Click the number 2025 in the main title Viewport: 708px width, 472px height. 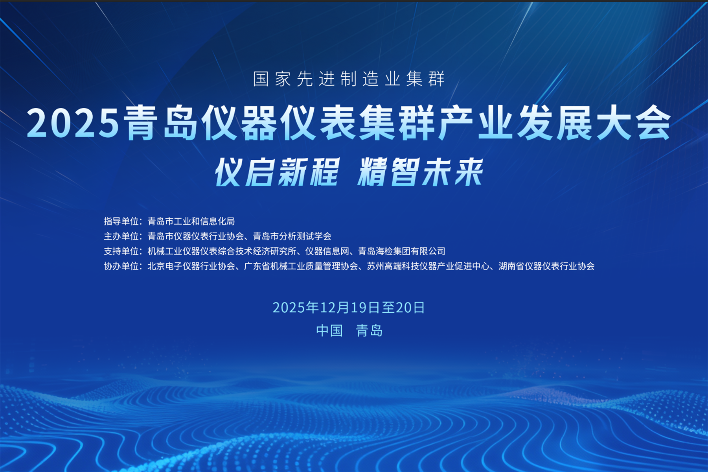73,124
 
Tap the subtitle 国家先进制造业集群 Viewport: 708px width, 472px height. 349,79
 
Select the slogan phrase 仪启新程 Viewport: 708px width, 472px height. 277,172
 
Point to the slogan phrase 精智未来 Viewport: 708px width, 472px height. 420,172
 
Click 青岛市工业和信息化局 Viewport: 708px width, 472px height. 191,221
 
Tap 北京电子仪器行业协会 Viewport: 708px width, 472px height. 191,266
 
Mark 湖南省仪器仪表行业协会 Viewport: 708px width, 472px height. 546,266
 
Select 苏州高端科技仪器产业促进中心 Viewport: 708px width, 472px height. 428,266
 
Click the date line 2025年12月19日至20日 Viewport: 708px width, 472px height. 349,308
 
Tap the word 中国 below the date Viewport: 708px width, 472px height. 329,330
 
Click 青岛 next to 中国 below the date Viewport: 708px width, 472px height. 369,330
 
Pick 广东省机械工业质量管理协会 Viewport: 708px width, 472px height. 301,266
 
